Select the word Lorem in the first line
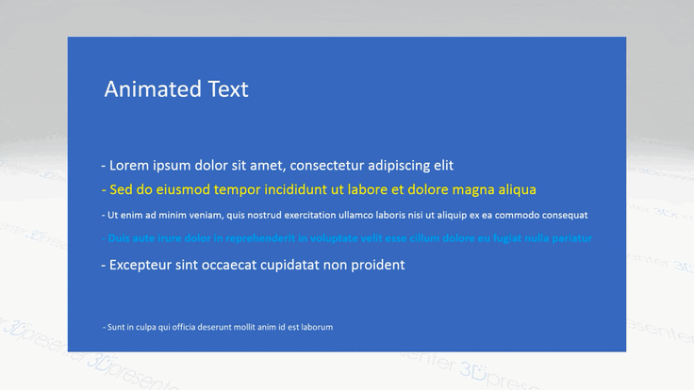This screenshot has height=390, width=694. (131, 166)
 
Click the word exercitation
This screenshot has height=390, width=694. (314, 215)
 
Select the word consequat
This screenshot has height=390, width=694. (564, 215)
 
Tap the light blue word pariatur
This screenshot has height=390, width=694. (571, 239)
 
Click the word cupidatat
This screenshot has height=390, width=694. (280, 266)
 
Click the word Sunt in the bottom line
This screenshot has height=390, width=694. (117, 327)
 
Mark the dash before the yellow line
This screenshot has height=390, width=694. (104, 189)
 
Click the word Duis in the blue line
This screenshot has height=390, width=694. (119, 239)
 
